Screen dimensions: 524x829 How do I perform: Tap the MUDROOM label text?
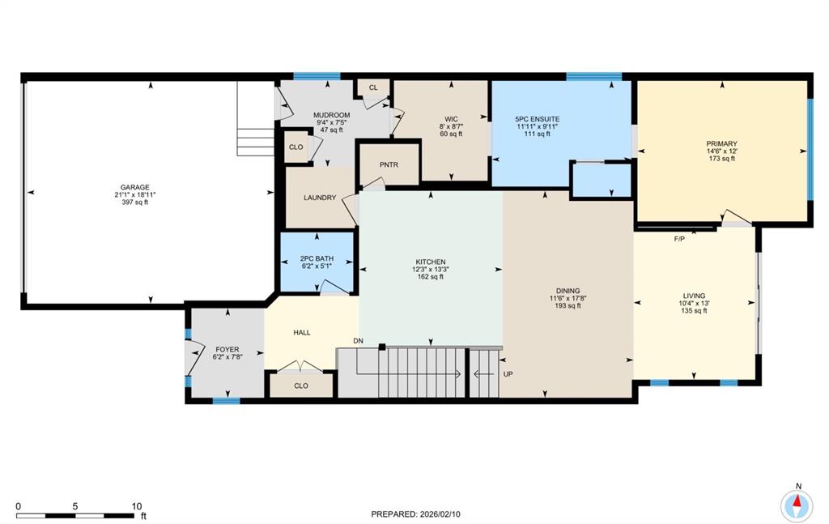[x=331, y=115]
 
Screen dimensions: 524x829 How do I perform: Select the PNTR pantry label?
[x=389, y=164]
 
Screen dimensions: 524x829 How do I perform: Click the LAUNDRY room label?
[x=320, y=197]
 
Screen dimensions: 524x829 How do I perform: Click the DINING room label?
[x=568, y=291]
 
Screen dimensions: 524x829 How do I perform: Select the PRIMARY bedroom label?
[x=722, y=143]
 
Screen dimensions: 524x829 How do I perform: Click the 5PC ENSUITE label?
[x=538, y=119]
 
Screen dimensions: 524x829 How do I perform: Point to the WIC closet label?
[x=451, y=119]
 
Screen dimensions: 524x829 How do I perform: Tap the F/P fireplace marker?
[x=679, y=239]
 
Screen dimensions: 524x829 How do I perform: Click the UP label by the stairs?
[x=508, y=374]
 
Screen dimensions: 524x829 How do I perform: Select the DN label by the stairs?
[x=358, y=341]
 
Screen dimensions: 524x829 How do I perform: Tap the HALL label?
[x=301, y=332]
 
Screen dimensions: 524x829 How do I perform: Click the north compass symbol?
[x=797, y=504]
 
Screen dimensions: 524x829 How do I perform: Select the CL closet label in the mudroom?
[x=373, y=87]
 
